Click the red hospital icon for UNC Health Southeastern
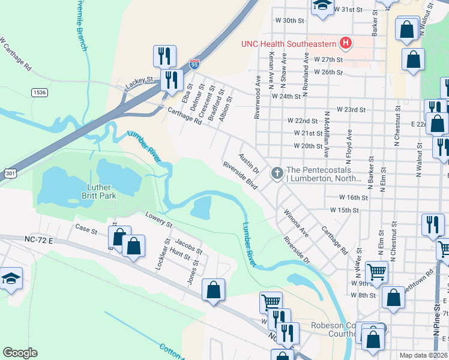pos(345,43)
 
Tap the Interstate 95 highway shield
pos(194,63)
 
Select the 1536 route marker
pos(40,92)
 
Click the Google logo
pos(20,353)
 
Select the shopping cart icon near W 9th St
pos(376,272)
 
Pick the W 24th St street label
pos(286,96)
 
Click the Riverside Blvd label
pos(240,176)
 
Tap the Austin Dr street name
pos(249,163)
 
